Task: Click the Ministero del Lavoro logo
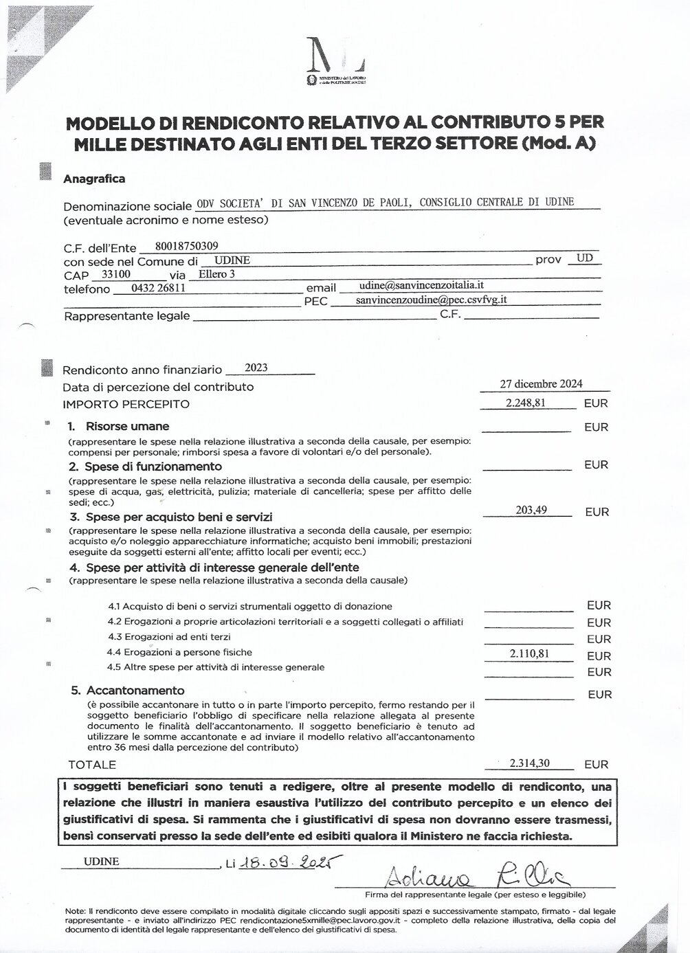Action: point(335,63)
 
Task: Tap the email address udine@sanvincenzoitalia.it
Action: point(421,284)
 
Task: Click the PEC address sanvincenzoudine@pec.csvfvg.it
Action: point(431,300)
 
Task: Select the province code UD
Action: point(585,258)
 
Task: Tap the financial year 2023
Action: point(256,368)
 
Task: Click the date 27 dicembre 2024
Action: point(542,384)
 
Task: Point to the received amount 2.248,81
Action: point(526,403)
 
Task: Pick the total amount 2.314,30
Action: point(529,763)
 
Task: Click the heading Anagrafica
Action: point(94,179)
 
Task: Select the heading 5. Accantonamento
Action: point(128,691)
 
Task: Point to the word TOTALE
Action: point(92,764)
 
